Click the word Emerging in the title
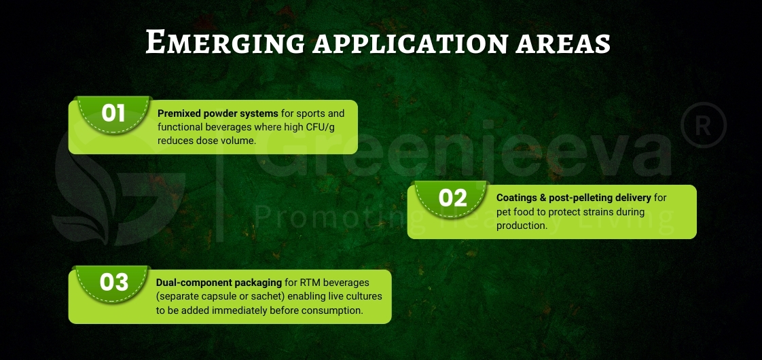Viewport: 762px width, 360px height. pos(224,42)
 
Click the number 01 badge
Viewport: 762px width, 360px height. pos(113,113)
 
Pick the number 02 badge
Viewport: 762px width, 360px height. pos(452,198)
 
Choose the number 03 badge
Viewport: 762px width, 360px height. pos(113,282)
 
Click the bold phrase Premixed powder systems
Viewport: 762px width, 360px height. pos(217,113)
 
